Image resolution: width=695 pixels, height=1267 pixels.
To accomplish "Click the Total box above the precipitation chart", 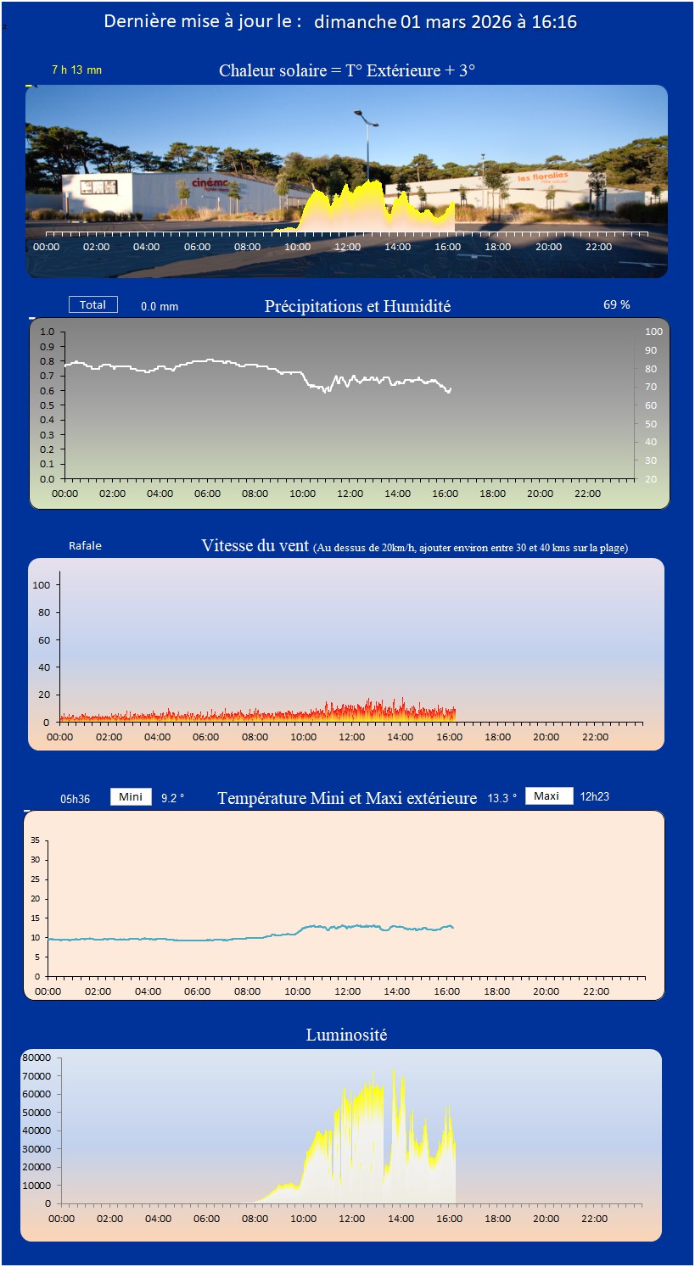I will click(x=93, y=304).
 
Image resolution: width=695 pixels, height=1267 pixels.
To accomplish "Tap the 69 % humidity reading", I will click(x=616, y=304).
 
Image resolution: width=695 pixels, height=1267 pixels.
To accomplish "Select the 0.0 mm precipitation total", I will click(x=160, y=306).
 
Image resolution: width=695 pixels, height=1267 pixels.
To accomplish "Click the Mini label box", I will click(x=131, y=796).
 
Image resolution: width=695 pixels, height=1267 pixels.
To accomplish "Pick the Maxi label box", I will click(x=547, y=795).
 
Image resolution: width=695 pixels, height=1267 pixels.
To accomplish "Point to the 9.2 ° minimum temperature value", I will click(x=172, y=798).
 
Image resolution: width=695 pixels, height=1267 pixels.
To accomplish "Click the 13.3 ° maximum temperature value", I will click(x=502, y=798).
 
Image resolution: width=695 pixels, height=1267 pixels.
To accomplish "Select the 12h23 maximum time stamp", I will click(x=594, y=796).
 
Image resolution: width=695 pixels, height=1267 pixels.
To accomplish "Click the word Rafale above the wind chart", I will click(x=85, y=545).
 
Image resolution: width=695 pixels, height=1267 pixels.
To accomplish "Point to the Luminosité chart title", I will click(x=346, y=1035).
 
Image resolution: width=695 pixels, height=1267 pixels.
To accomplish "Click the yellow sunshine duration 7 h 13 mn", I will click(x=76, y=70).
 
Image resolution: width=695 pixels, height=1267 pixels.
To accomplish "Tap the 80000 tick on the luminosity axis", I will click(x=36, y=1058).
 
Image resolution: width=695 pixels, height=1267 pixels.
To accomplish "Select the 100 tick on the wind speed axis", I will click(x=42, y=585).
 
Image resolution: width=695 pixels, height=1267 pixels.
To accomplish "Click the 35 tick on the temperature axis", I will click(x=35, y=840).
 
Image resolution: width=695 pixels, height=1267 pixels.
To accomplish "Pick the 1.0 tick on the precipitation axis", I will click(x=47, y=332).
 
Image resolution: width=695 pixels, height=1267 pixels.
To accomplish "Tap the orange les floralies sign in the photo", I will click(x=543, y=177).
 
